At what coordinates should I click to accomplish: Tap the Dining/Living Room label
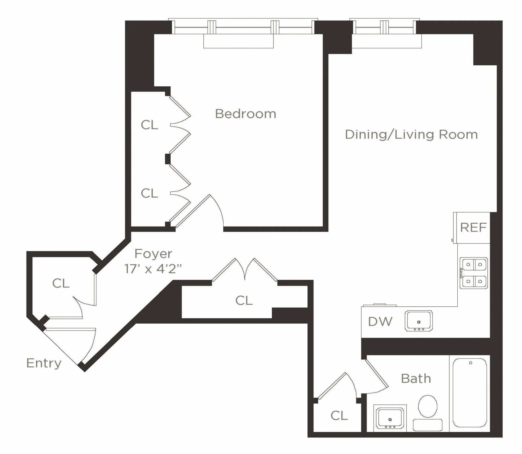[x=411, y=135]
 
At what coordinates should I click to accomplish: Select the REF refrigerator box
[x=472, y=228]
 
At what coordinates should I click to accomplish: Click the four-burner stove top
[x=474, y=273]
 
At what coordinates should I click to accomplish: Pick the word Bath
[x=416, y=378]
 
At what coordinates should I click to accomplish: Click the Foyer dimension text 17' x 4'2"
[x=153, y=269]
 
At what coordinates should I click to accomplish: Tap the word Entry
[x=44, y=363]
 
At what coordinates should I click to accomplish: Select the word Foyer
[x=153, y=254]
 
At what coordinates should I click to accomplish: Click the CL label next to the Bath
[x=339, y=415]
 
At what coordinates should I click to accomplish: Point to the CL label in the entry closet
[x=61, y=283]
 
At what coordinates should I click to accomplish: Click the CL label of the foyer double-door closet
[x=244, y=301]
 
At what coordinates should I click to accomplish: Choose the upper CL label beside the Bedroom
[x=149, y=125]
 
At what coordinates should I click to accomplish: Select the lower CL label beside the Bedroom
[x=149, y=193]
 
